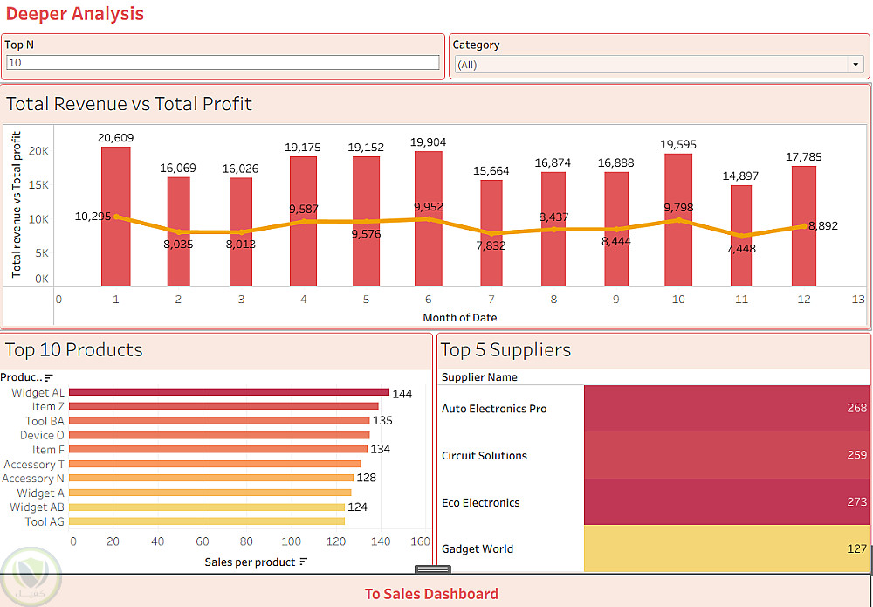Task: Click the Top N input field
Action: click(x=223, y=63)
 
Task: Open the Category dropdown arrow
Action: click(x=855, y=65)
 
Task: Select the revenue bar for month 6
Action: click(x=429, y=218)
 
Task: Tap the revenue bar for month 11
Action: click(x=741, y=236)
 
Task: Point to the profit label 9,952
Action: click(x=430, y=207)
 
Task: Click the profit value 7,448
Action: click(x=740, y=249)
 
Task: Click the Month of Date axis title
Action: click(x=459, y=317)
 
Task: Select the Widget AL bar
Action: click(x=229, y=392)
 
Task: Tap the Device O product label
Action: click(x=42, y=435)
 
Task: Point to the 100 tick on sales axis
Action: click(x=290, y=541)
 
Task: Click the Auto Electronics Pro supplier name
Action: click(x=494, y=409)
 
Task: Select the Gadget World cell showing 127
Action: click(x=726, y=548)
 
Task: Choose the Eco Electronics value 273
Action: click(x=856, y=502)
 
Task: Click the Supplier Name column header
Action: click(x=479, y=377)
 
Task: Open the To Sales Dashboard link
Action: click(x=431, y=594)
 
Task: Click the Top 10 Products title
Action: click(x=73, y=350)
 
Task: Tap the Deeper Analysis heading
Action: click(x=75, y=14)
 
